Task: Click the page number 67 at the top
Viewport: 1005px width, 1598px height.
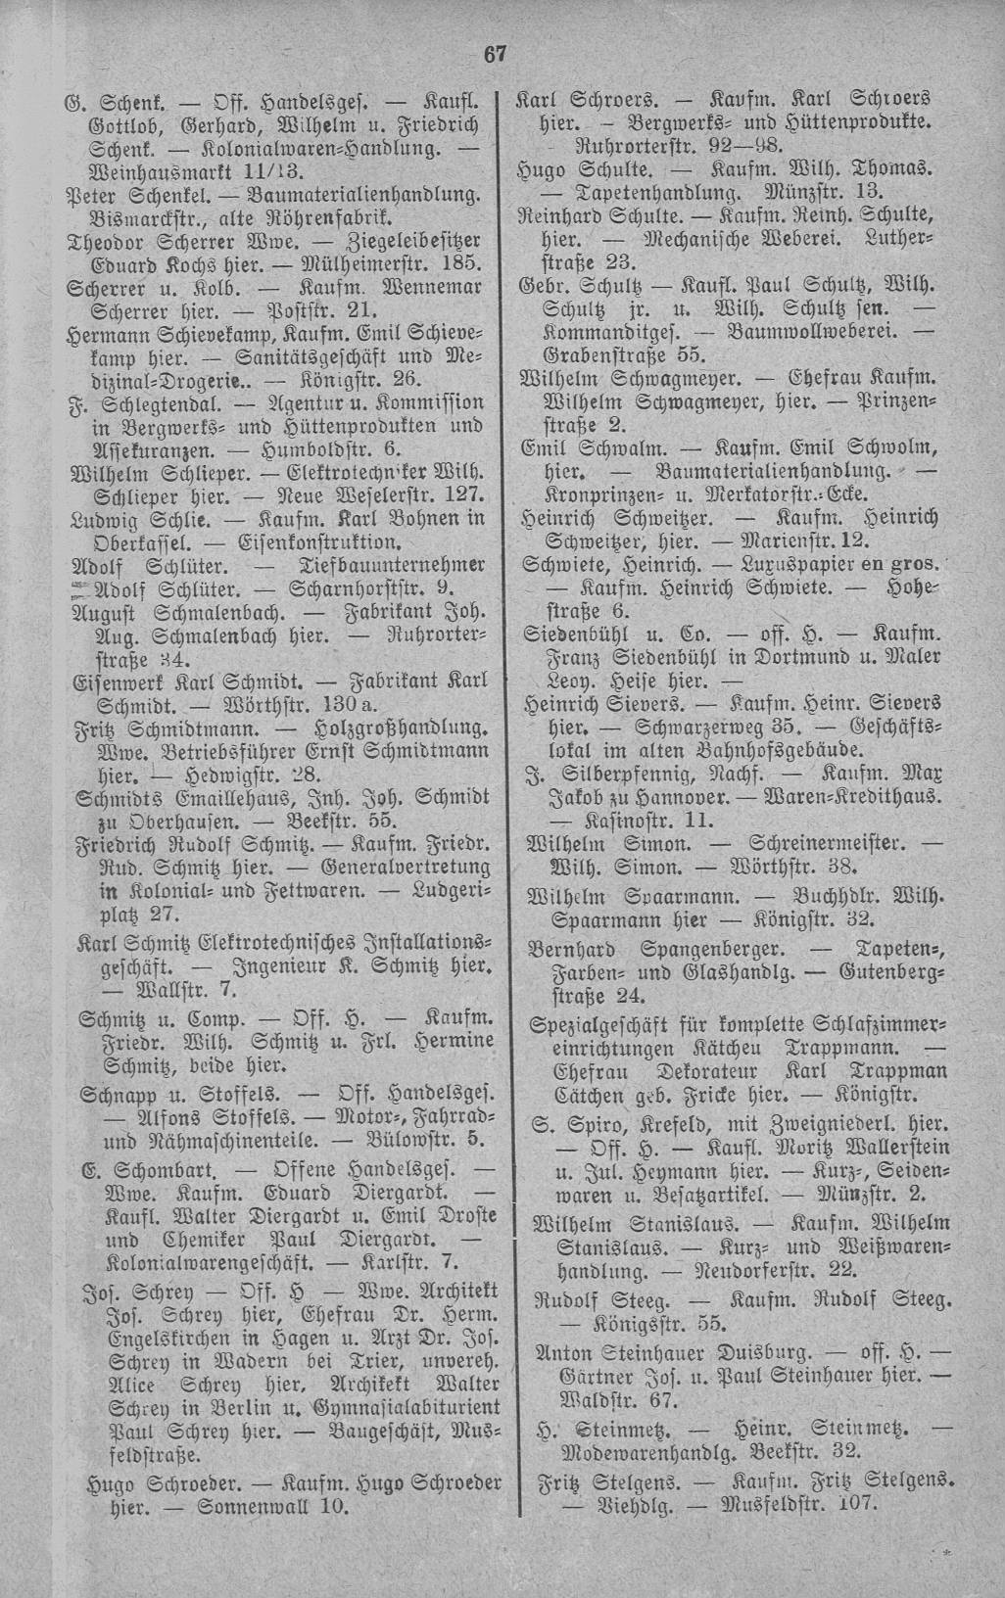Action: coord(496,55)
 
